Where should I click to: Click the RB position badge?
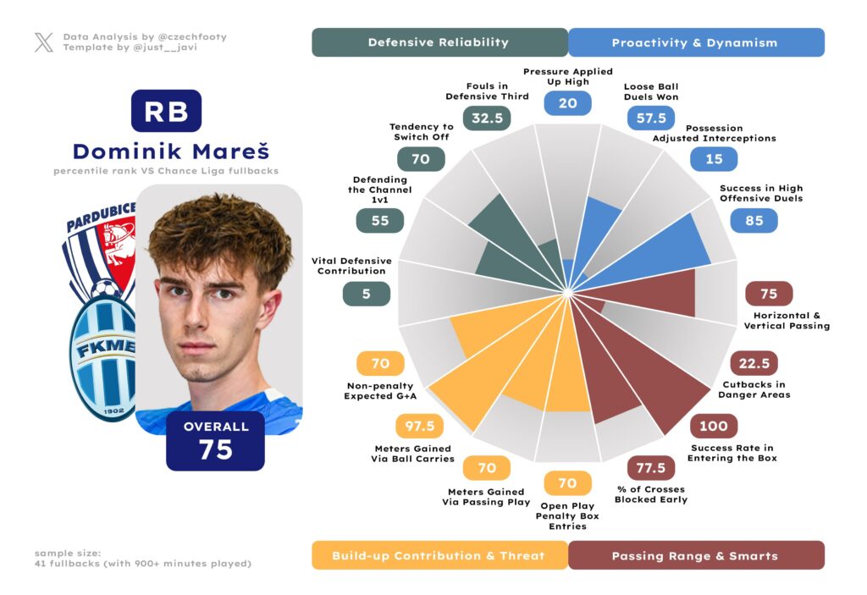click(166, 111)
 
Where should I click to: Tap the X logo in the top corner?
click(43, 42)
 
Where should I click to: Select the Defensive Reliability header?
click(439, 42)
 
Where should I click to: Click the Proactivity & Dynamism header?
click(694, 42)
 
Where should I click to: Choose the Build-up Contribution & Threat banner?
click(439, 555)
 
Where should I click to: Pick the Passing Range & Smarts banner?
click(694, 555)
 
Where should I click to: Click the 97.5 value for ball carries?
click(420, 427)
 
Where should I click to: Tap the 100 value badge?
click(714, 426)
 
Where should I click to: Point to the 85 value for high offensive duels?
click(754, 221)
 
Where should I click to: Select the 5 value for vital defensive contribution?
click(367, 294)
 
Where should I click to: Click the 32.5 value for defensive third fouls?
click(488, 118)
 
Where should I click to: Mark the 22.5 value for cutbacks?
click(754, 364)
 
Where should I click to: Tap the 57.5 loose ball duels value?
click(651, 118)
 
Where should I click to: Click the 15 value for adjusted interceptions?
click(713, 159)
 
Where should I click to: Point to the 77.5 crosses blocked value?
click(651, 468)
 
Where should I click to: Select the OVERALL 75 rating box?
click(216, 440)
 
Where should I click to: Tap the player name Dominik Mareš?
click(170, 152)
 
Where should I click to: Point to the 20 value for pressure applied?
click(567, 103)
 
